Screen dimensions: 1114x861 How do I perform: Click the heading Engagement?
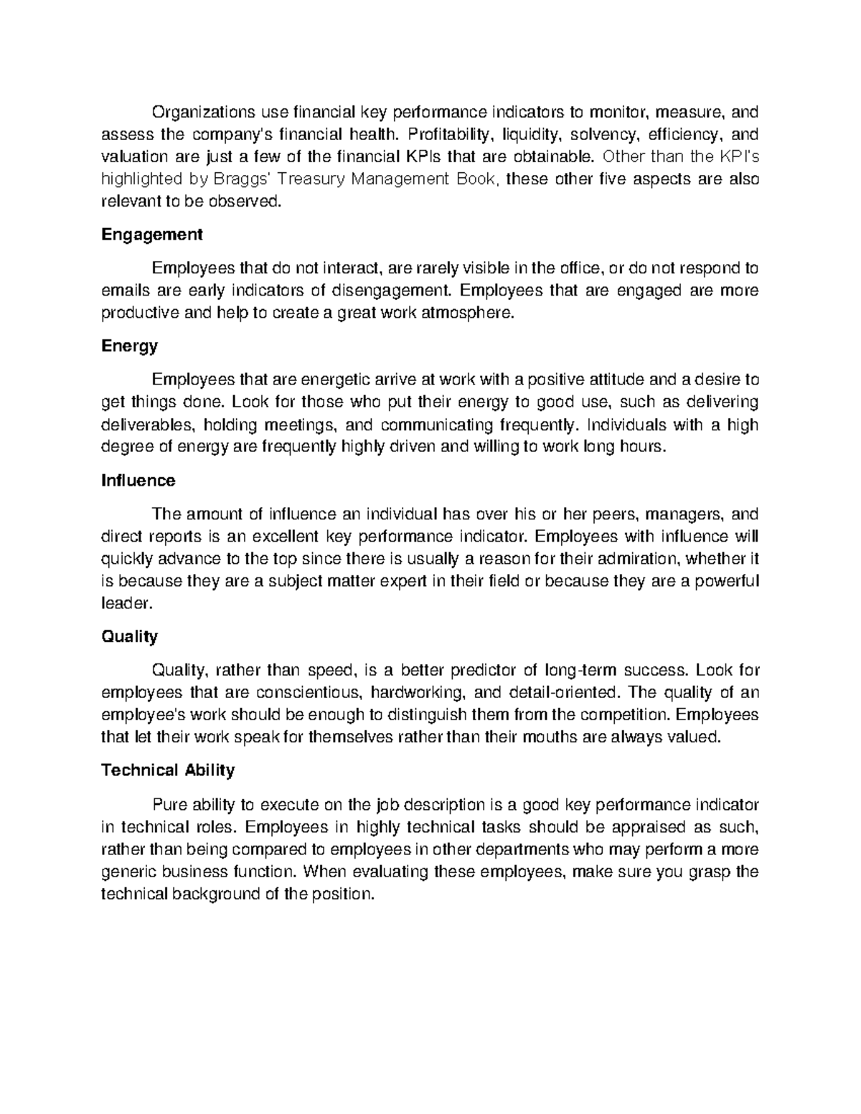coord(151,235)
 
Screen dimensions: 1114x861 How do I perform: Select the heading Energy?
coord(129,346)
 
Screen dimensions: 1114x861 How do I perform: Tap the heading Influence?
coord(138,481)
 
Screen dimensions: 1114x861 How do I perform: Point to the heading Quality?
coord(129,636)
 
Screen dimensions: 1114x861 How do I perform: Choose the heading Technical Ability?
coord(168,770)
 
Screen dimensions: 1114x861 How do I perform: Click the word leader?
coord(127,603)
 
